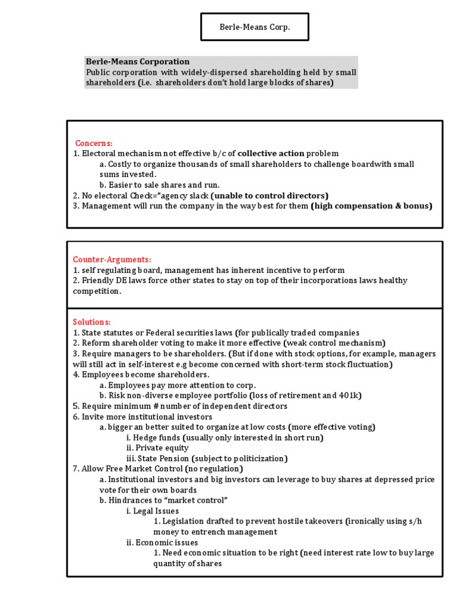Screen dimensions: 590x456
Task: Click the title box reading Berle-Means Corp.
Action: tap(254, 27)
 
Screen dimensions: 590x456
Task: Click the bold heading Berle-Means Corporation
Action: tap(137, 62)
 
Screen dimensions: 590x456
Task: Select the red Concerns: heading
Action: tap(93, 143)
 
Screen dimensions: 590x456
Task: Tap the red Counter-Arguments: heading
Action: tap(112, 259)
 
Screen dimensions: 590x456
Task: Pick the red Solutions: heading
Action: tap(91, 322)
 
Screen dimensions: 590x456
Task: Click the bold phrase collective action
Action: tap(271, 153)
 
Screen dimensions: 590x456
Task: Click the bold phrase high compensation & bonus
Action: tap(372, 206)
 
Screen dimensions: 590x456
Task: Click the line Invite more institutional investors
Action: tap(142, 417)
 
